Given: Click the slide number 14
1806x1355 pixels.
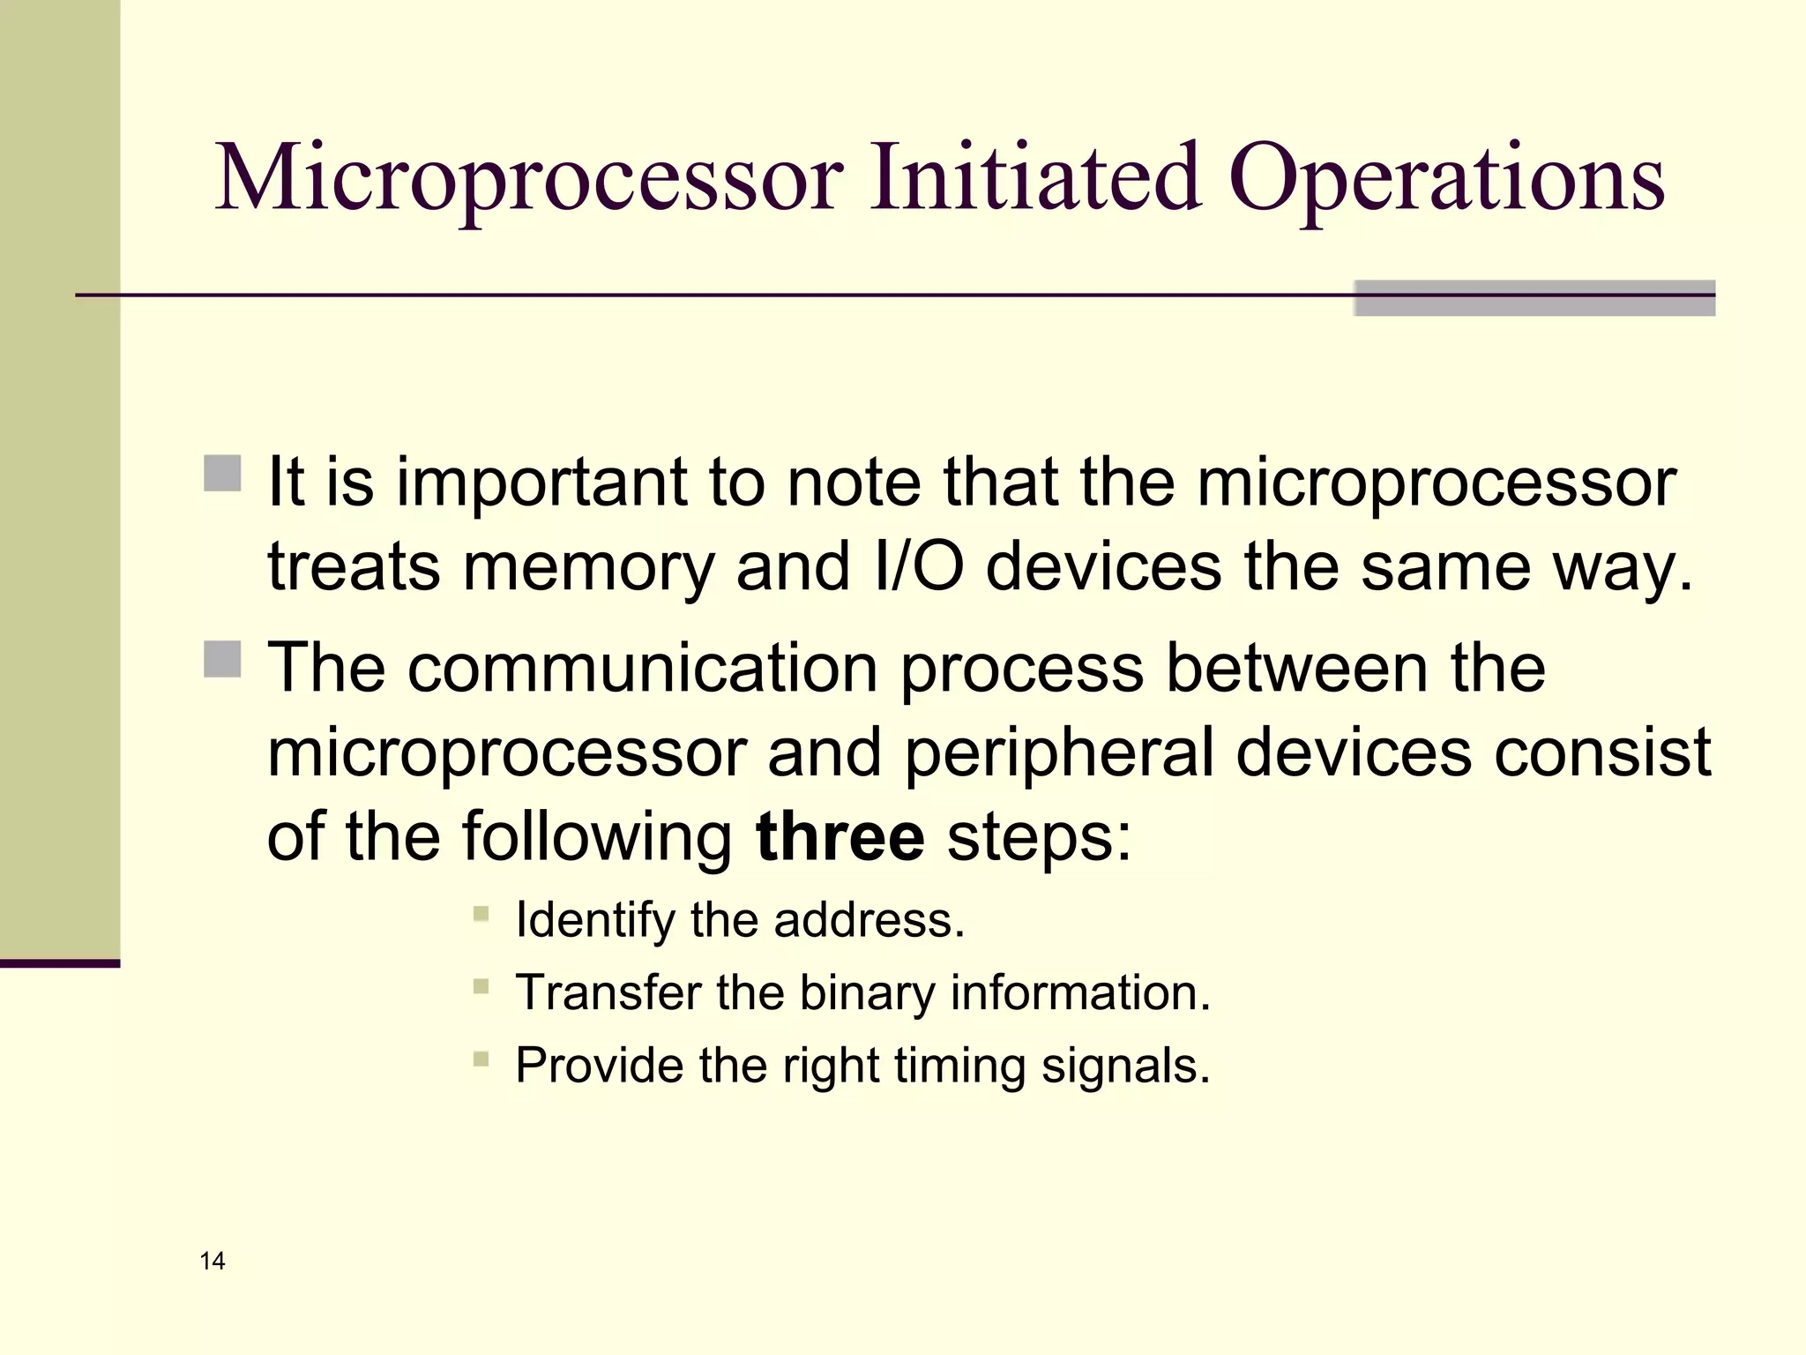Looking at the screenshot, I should click(x=213, y=1261).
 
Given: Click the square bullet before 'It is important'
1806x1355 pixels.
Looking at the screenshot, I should click(x=222, y=473).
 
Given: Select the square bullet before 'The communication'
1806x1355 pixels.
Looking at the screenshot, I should click(x=222, y=658).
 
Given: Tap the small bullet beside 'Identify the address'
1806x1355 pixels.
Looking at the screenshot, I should click(x=481, y=914).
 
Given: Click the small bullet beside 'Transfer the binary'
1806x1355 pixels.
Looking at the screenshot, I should click(x=481, y=986).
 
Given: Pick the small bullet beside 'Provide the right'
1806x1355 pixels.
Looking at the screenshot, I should click(x=481, y=1059).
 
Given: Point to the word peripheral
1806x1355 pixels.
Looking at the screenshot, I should click(x=1059, y=752).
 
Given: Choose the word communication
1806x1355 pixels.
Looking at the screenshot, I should click(x=643, y=668).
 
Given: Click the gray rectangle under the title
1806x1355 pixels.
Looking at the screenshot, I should click(x=1534, y=298).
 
